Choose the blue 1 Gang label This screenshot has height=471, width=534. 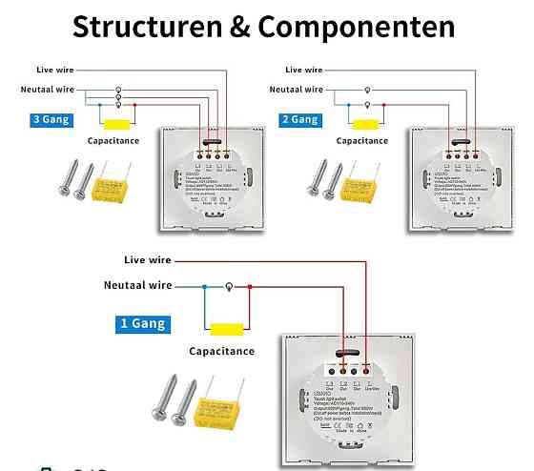[x=142, y=323]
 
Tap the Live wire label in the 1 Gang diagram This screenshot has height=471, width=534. [x=147, y=259]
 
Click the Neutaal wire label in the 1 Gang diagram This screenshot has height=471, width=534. [x=137, y=285]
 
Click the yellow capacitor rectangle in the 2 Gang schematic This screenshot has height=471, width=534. [x=364, y=124]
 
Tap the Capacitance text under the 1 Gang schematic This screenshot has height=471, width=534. [x=221, y=351]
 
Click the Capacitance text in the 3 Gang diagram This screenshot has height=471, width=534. [x=113, y=141]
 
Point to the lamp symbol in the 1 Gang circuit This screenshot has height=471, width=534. [x=228, y=285]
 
